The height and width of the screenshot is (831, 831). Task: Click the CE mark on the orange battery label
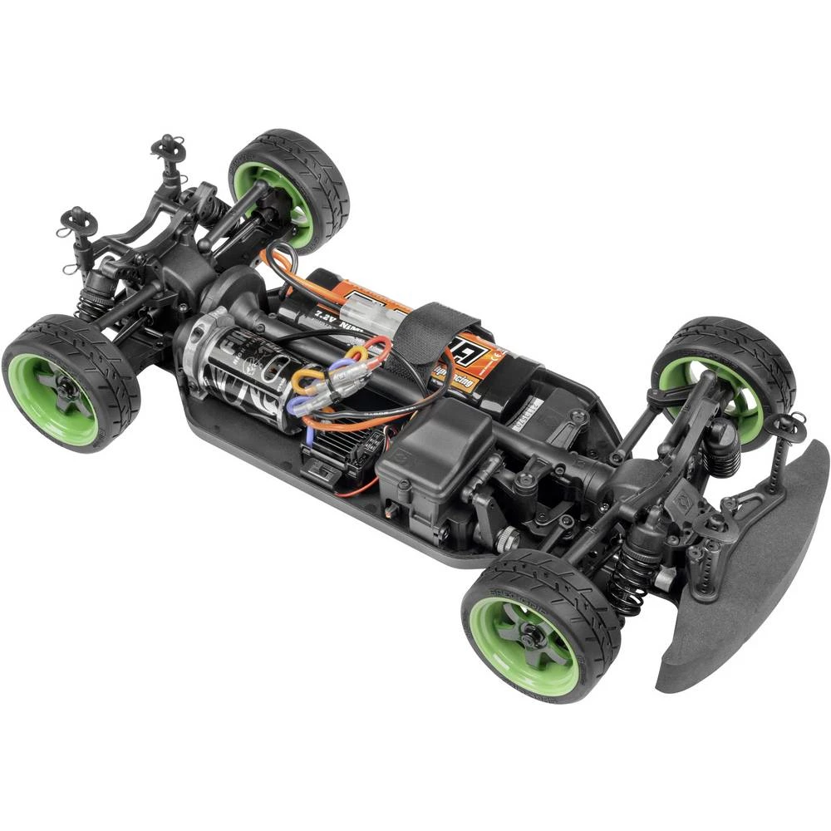tap(495, 359)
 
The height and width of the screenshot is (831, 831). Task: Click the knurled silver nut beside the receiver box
tap(508, 541)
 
